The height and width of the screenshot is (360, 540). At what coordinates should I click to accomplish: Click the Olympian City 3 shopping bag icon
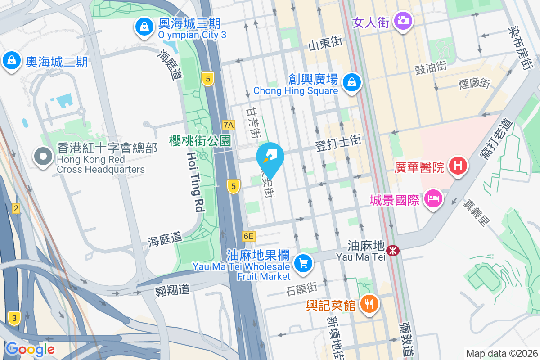[x=144, y=27]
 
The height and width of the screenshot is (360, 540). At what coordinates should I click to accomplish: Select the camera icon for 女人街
[x=402, y=20]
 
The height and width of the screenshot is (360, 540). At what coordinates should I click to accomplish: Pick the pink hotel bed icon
[x=433, y=198]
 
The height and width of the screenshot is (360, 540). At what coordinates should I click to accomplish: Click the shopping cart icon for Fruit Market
[x=303, y=263]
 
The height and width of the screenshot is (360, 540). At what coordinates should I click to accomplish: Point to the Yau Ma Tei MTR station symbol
[x=393, y=250]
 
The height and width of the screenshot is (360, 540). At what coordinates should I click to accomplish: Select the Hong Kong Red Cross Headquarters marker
[x=44, y=157]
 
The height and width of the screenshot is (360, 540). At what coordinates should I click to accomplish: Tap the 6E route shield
[x=248, y=236]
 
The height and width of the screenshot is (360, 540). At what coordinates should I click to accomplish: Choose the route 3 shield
[x=14, y=318]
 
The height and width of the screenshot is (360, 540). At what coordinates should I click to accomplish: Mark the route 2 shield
[x=16, y=208]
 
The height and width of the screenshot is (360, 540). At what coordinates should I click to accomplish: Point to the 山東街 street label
[x=325, y=44]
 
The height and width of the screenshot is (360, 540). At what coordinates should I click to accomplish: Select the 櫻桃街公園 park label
[x=200, y=141]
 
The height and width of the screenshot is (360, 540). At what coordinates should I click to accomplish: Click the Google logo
[x=30, y=349]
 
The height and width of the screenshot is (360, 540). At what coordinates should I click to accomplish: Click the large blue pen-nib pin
[x=270, y=157]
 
